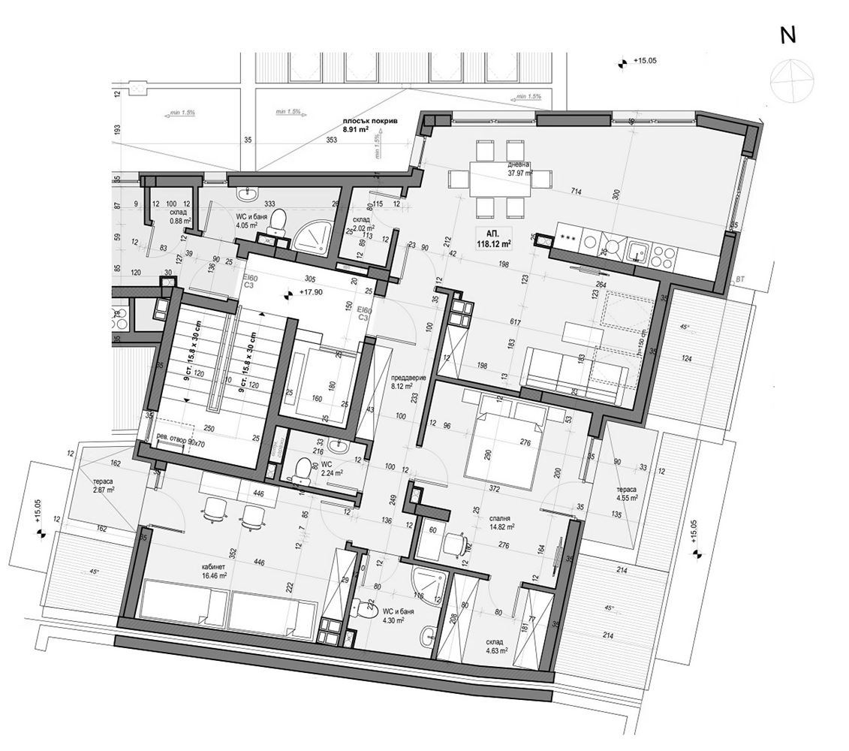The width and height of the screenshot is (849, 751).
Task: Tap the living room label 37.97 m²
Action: pos(520,172)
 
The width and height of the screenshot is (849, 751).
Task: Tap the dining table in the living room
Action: pos(491,180)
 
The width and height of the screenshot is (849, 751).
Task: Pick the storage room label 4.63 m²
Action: pos(495,647)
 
